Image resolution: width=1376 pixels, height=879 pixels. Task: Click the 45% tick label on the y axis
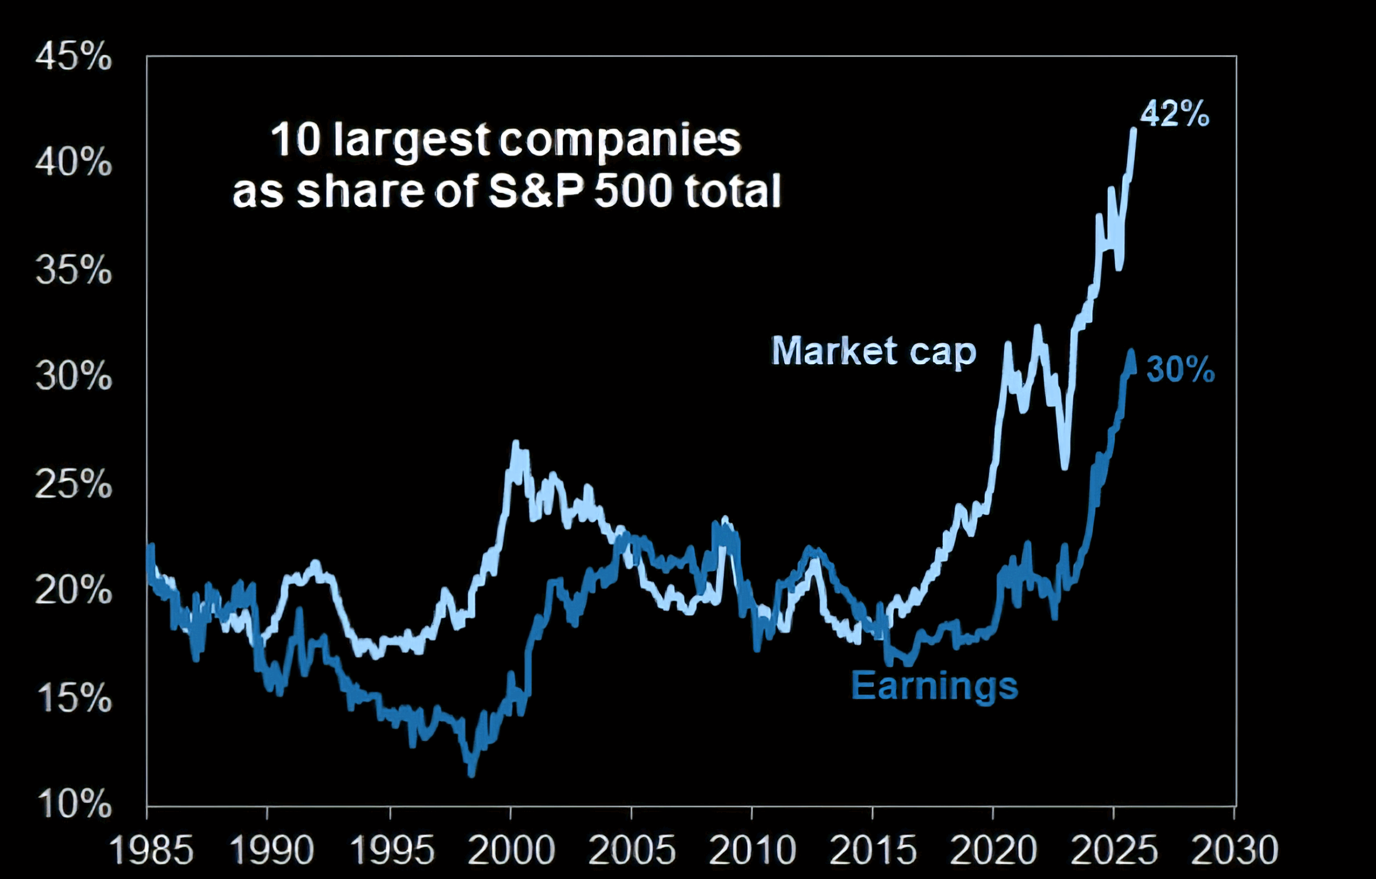[73, 57]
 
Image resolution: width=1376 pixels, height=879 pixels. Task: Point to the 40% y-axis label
[73, 163]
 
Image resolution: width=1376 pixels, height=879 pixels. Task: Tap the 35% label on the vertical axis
[73, 270]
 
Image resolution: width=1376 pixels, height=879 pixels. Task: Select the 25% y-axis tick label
[73, 485]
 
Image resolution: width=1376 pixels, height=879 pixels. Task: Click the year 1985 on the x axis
[151, 850]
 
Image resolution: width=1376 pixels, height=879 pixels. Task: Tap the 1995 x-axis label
[392, 850]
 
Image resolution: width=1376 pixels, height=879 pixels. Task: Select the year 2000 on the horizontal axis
[511, 850]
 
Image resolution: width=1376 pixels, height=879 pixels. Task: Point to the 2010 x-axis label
[752, 850]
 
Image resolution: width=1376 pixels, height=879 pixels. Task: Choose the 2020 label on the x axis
[993, 850]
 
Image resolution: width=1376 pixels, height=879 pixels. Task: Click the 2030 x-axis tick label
[1234, 850]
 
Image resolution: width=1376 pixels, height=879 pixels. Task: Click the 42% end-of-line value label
[1175, 114]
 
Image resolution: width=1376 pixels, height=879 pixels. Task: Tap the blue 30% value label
[1180, 370]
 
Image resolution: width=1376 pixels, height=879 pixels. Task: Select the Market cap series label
[874, 351]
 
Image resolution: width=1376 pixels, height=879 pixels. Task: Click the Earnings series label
[935, 686]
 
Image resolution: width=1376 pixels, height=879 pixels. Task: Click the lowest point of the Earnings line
[471, 774]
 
